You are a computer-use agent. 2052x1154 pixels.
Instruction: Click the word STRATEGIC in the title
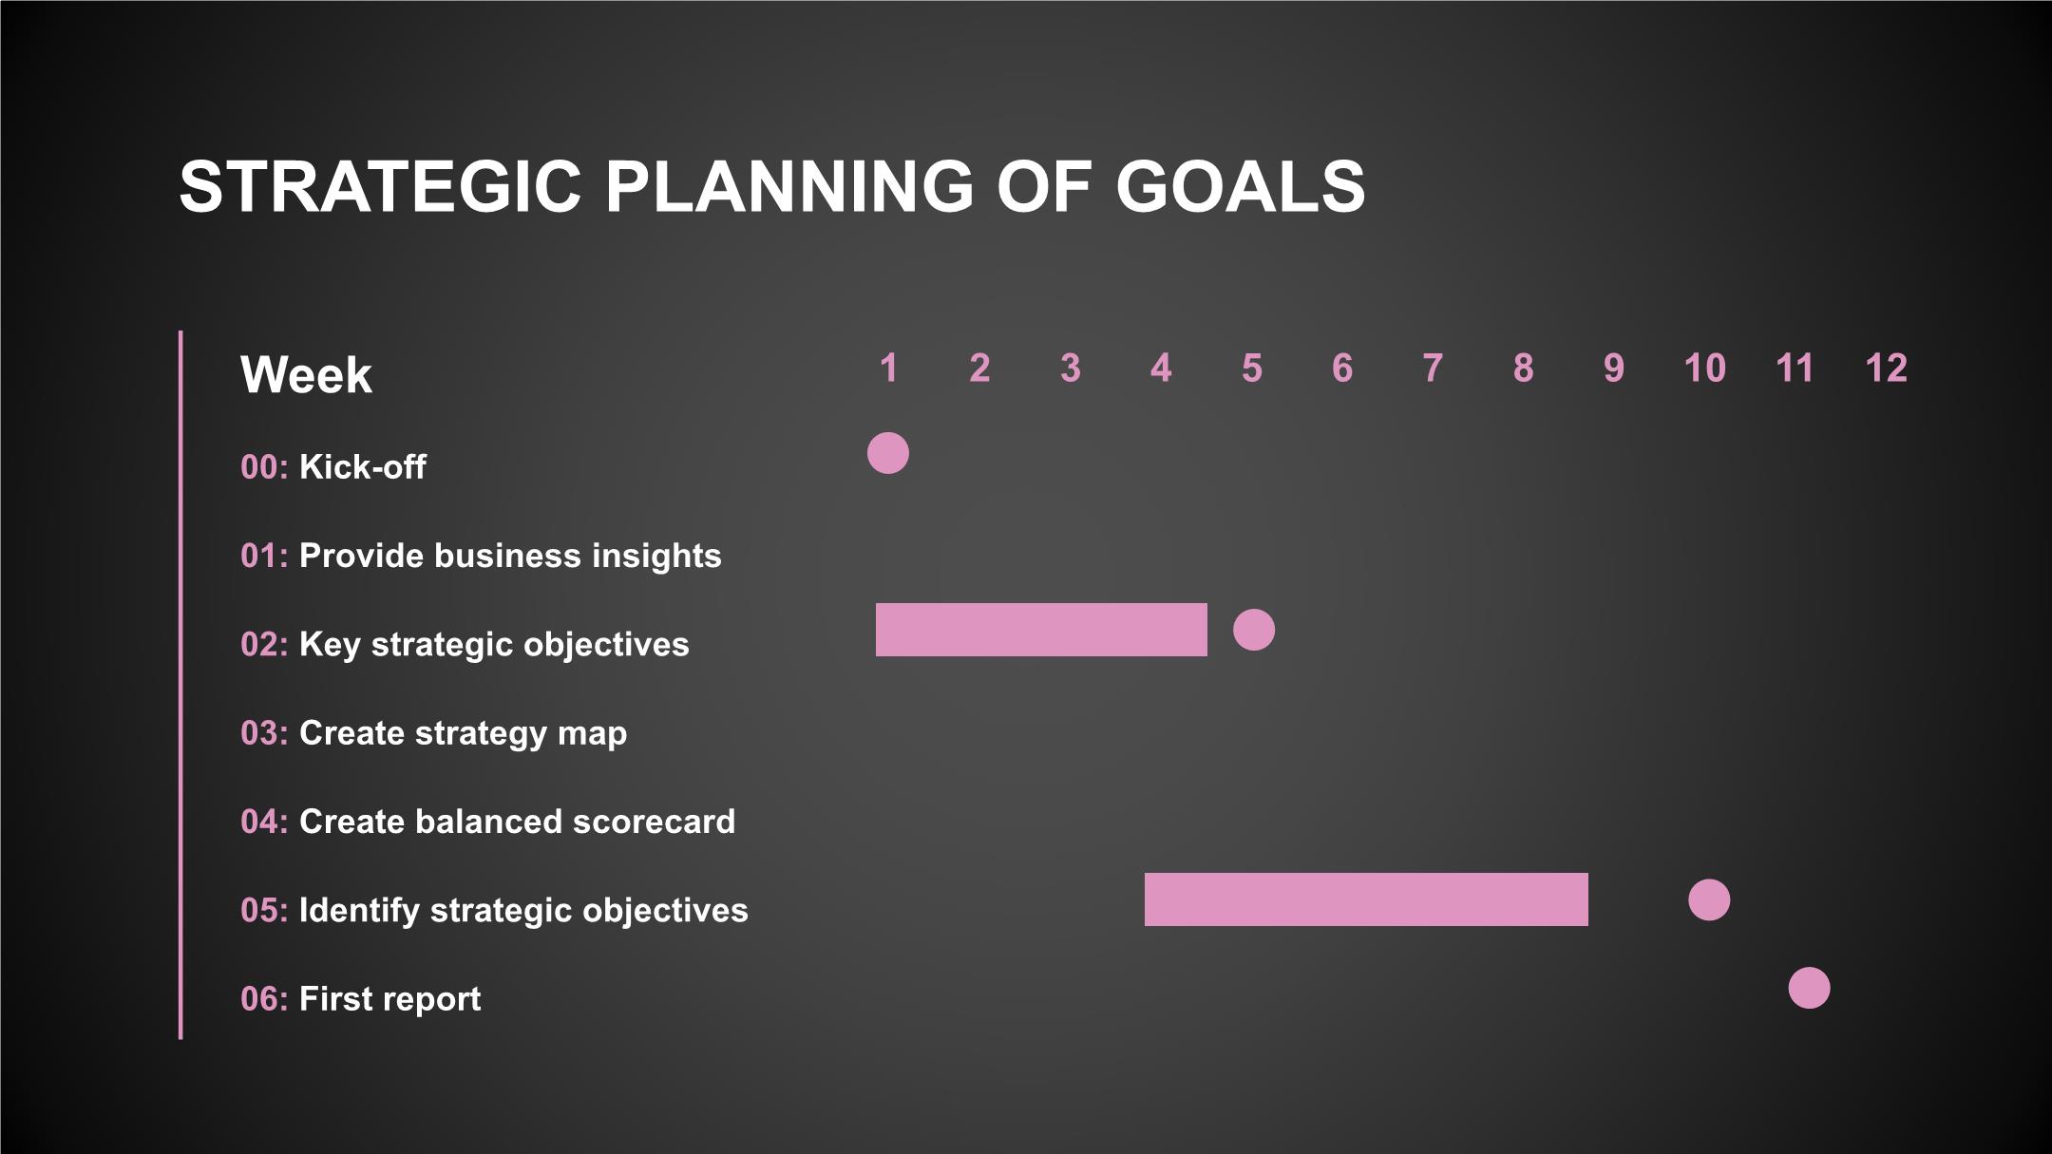pyautogui.click(x=380, y=186)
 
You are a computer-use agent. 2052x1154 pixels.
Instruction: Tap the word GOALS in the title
pyautogui.click(x=1241, y=186)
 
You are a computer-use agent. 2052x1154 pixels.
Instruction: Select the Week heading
pyautogui.click(x=306, y=375)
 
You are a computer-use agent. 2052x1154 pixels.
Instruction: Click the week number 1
pyautogui.click(x=889, y=368)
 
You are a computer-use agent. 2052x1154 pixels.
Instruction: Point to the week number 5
pyautogui.click(x=1252, y=368)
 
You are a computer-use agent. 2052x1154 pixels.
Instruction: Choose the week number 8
pyautogui.click(x=1523, y=368)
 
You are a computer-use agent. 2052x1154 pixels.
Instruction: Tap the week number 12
pyautogui.click(x=1887, y=368)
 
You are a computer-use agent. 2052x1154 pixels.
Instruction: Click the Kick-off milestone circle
pyautogui.click(x=888, y=453)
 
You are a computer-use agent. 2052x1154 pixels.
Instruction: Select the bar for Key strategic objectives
pyautogui.click(x=1041, y=630)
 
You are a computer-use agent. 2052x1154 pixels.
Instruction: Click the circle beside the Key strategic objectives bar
pyautogui.click(x=1254, y=630)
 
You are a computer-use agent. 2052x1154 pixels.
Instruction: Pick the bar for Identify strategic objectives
pyautogui.click(x=1366, y=899)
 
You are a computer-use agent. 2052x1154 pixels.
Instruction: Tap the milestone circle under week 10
pyautogui.click(x=1709, y=899)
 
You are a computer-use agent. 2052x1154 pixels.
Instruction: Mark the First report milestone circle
pyautogui.click(x=1810, y=989)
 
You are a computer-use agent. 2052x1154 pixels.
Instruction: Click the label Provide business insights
pyautogui.click(x=510, y=557)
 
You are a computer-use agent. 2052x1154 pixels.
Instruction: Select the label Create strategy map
pyautogui.click(x=464, y=734)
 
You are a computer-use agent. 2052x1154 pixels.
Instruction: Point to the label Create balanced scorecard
pyautogui.click(x=518, y=822)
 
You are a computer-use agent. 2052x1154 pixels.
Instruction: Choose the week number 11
pyautogui.click(x=1795, y=368)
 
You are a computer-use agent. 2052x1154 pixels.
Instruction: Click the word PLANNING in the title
pyautogui.click(x=789, y=186)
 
